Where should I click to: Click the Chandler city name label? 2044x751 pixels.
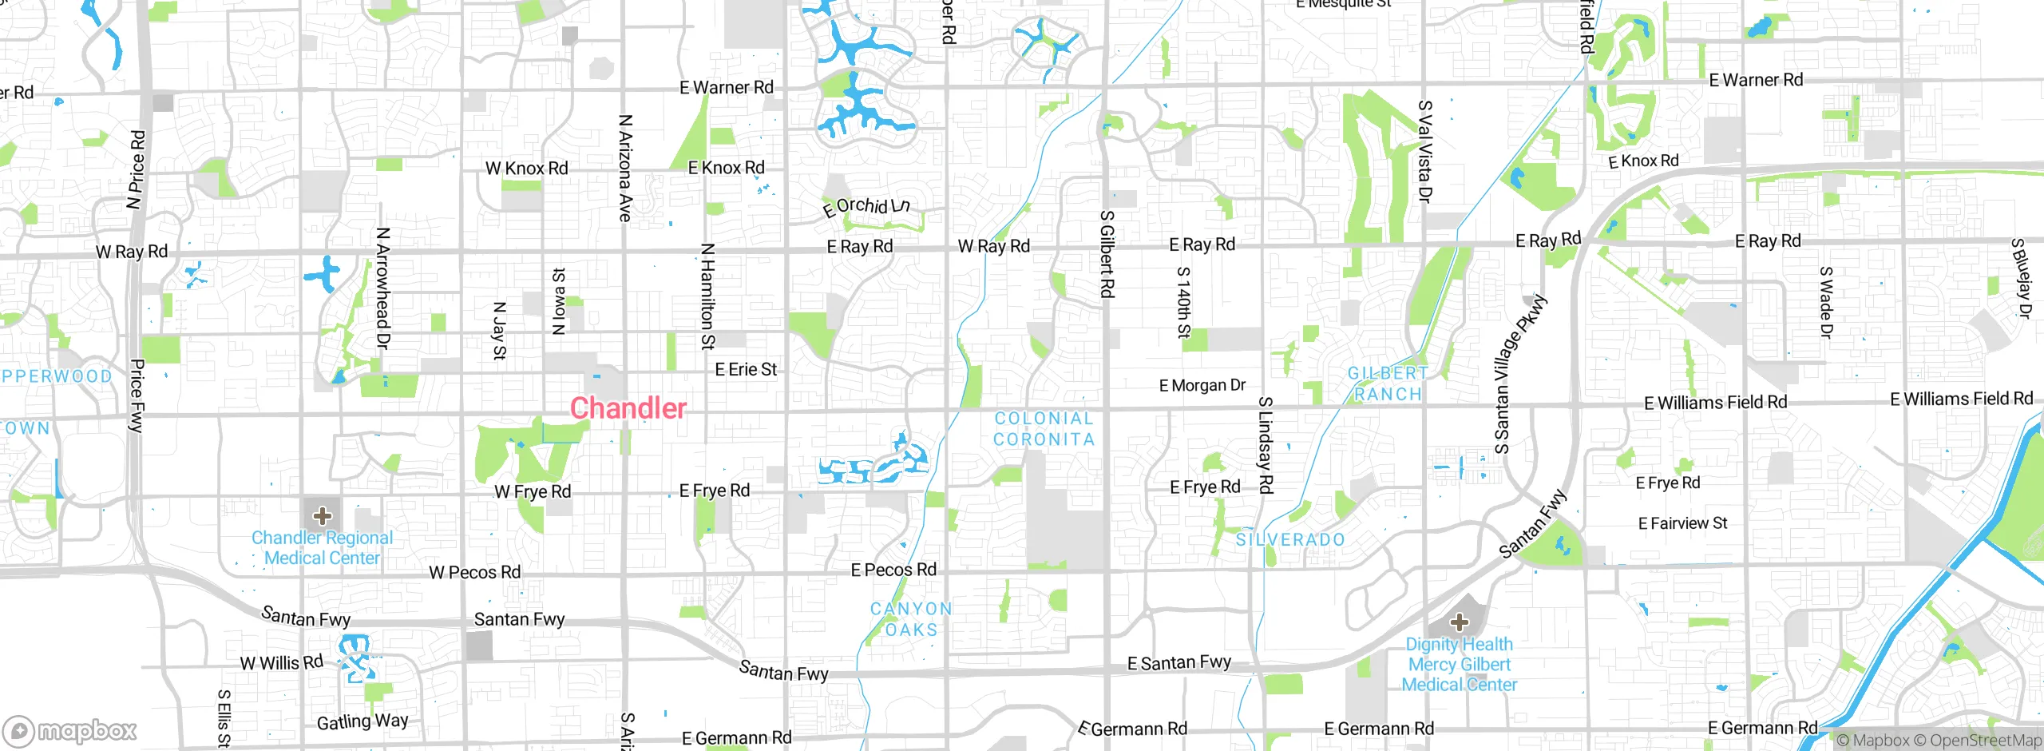point(628,408)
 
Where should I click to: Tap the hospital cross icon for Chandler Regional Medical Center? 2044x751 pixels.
point(323,515)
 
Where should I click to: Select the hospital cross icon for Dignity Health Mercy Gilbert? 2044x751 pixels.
point(1460,622)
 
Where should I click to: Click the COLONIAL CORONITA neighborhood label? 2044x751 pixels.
point(1044,429)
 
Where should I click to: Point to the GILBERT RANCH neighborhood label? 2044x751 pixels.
point(1388,383)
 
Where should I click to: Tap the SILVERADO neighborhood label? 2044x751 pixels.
point(1290,540)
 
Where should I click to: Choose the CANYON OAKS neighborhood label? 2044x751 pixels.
point(911,619)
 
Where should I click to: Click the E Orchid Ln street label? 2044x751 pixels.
point(867,206)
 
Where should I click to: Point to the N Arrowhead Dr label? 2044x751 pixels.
point(382,288)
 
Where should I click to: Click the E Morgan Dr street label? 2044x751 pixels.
point(1202,386)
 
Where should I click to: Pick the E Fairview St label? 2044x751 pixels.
point(1682,524)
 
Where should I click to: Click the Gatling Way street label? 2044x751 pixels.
point(362,721)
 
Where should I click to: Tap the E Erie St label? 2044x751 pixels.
point(746,370)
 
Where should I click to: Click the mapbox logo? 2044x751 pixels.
point(70,730)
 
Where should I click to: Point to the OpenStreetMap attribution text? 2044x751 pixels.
point(1985,741)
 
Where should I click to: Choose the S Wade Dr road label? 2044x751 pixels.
point(1825,302)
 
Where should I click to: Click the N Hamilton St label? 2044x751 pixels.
point(707,296)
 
